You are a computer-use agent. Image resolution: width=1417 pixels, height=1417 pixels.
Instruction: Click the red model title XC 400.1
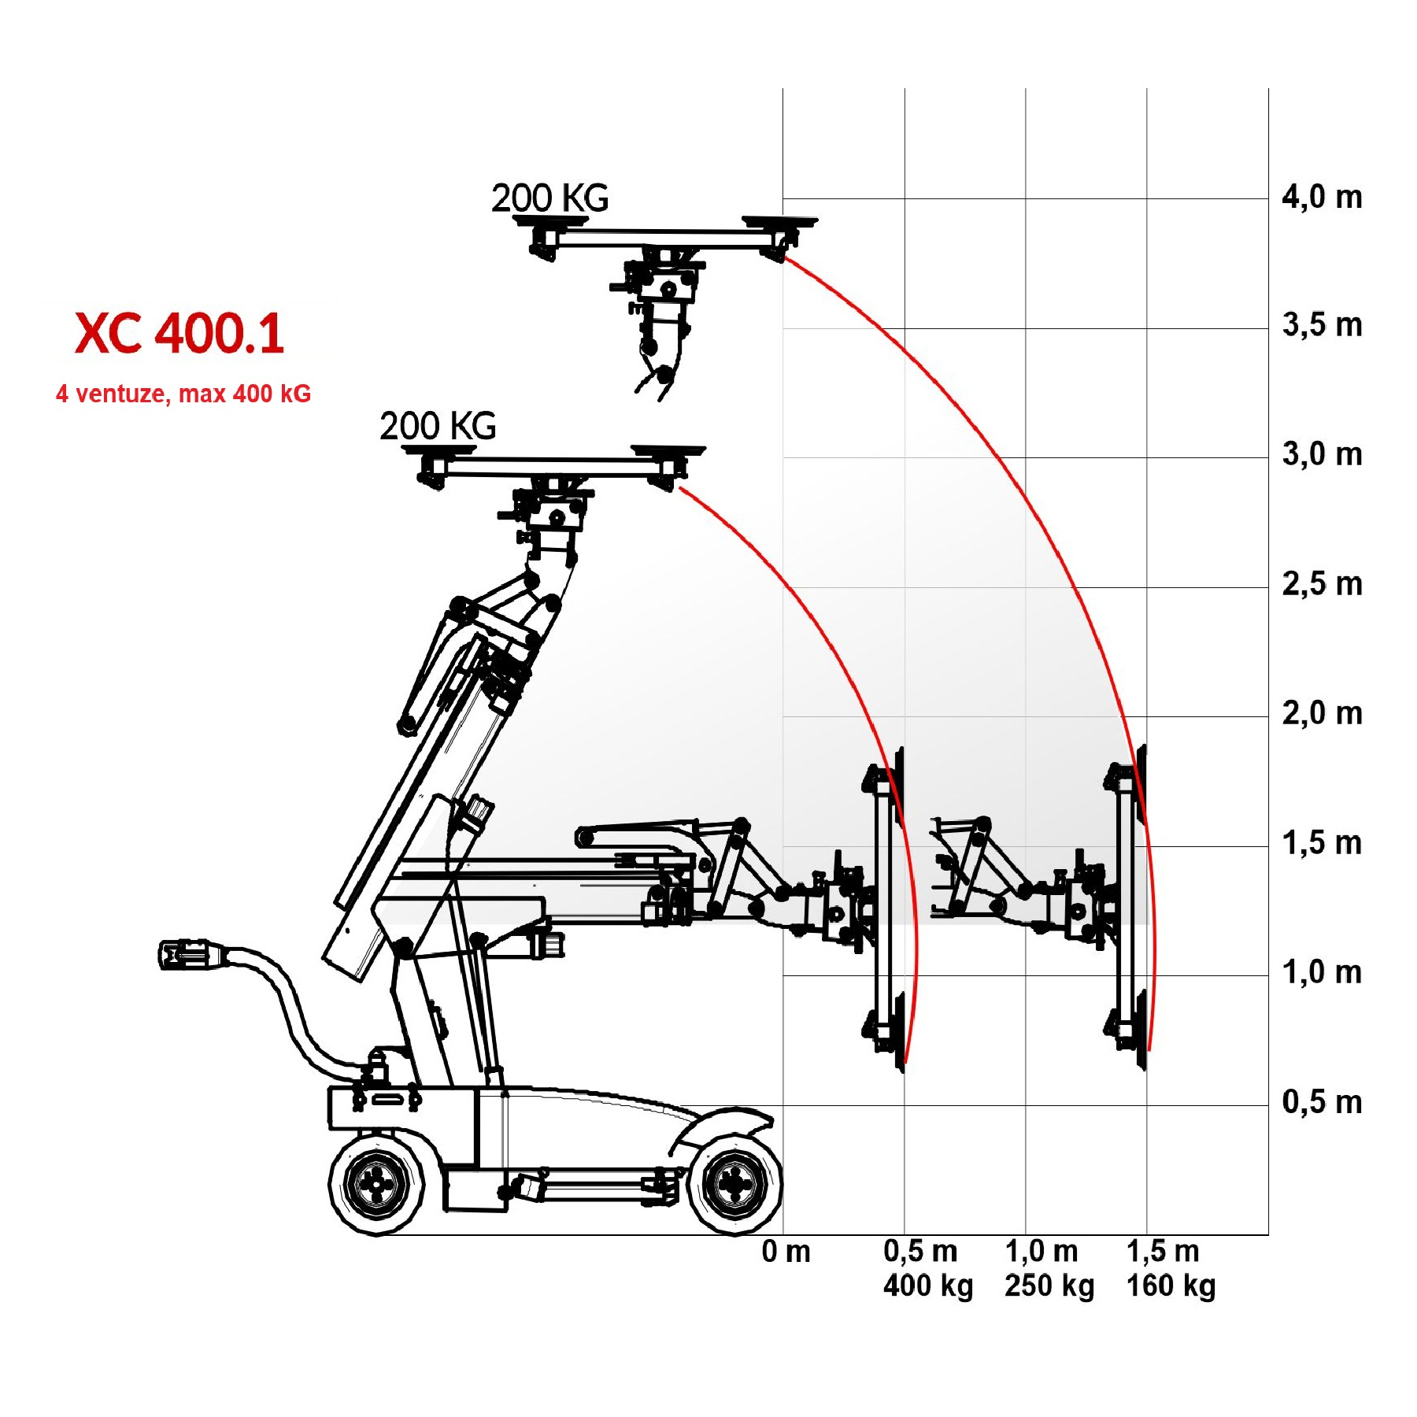[x=179, y=333]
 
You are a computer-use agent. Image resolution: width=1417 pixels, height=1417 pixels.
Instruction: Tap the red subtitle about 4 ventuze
[x=183, y=394]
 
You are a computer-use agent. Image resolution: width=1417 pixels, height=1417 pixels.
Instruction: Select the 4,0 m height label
[x=1322, y=197]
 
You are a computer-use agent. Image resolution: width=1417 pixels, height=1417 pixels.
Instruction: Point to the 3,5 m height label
[x=1322, y=325]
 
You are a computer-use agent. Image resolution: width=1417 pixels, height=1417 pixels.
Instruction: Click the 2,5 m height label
[x=1322, y=584]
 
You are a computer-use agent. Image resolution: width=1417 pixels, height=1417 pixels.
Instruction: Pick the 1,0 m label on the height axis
[x=1322, y=973]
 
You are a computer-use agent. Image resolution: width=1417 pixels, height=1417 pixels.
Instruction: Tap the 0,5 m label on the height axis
[x=1322, y=1102]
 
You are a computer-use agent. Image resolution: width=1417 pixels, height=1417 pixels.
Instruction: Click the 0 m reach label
[x=786, y=1251]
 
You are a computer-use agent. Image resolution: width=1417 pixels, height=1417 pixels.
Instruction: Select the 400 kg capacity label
[x=928, y=1286]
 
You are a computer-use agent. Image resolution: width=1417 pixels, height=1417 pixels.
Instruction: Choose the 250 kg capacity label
[x=1049, y=1286]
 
